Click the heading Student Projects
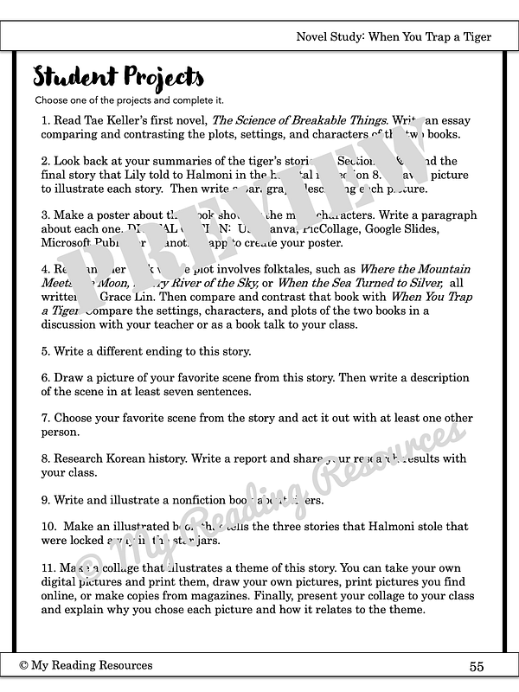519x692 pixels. pos(119,78)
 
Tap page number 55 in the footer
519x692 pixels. pos(477,666)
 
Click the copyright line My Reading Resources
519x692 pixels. pos(86,665)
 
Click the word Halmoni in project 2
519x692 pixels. pos(201,175)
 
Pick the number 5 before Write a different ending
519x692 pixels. pos(45,352)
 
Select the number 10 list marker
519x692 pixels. pos(48,526)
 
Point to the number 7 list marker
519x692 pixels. pos(45,419)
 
